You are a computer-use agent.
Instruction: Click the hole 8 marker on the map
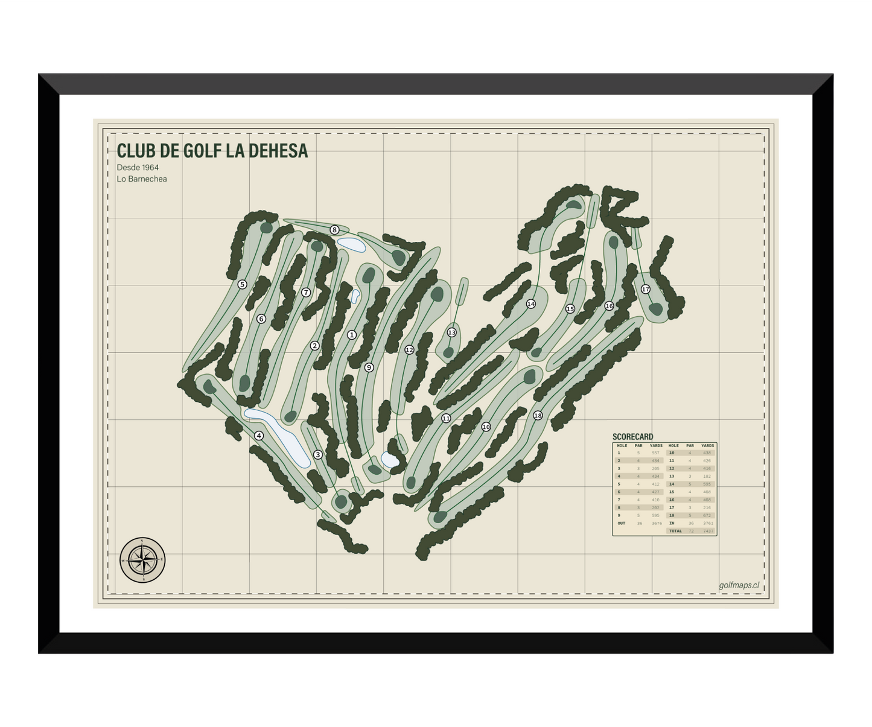tap(334, 230)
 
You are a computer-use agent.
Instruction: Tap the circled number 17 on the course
tap(646, 290)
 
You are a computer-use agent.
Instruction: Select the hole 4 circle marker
tap(259, 436)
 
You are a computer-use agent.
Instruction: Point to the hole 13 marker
tap(451, 332)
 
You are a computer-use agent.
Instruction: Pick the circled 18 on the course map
tap(538, 415)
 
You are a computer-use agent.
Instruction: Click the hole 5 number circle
tap(242, 284)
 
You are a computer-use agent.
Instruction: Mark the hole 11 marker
tap(446, 418)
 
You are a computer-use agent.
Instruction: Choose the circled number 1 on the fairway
tap(352, 335)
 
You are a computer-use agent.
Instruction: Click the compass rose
tap(142, 560)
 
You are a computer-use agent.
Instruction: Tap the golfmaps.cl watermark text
tap(739, 585)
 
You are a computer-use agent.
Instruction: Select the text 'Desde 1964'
tap(138, 168)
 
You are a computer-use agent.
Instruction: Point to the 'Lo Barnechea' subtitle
tap(142, 179)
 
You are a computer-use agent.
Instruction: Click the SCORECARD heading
tap(632, 437)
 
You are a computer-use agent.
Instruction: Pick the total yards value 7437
tap(708, 532)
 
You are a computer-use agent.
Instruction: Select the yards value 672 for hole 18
tap(707, 516)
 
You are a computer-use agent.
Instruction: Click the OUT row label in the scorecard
tap(622, 524)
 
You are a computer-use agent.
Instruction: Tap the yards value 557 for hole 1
tap(655, 453)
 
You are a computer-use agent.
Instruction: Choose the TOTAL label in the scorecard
tap(675, 532)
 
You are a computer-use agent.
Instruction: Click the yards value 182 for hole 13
tap(707, 477)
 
